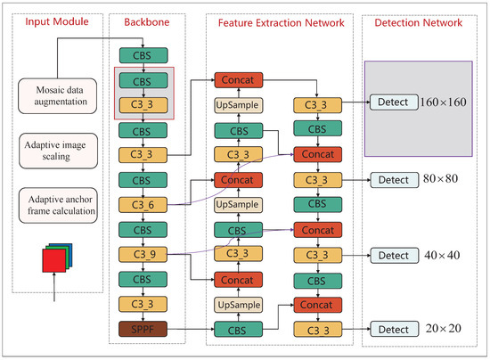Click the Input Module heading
click(53, 20)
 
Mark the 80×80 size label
click(442, 180)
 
